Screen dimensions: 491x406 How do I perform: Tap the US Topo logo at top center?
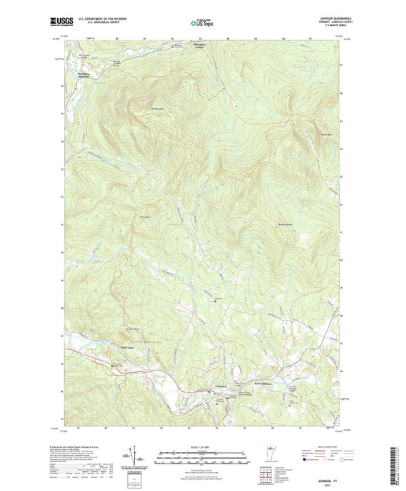[202, 23]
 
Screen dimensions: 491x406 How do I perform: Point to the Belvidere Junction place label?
[87, 74]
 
